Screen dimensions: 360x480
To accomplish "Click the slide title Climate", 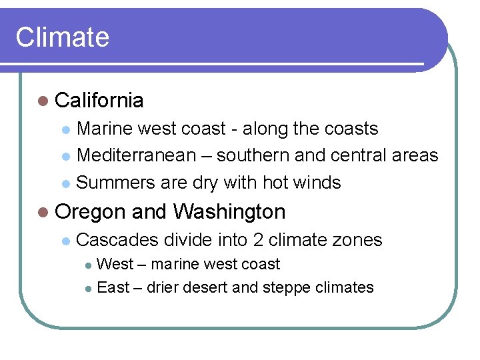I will point(62,37).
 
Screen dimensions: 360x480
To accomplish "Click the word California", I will point(99,101).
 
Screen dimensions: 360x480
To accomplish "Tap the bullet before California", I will point(43,101).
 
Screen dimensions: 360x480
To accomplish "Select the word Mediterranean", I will point(137,155).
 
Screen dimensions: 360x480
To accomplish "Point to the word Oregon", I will point(91,212).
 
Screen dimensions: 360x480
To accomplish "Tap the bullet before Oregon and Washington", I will point(43,213).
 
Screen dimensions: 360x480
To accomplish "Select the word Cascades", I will point(118,240).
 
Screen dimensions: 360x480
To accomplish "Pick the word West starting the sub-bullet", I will point(115,264).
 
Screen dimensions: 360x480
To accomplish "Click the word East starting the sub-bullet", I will point(113,288).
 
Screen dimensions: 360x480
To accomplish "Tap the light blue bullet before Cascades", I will point(65,241).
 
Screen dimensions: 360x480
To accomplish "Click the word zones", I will point(358,240).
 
